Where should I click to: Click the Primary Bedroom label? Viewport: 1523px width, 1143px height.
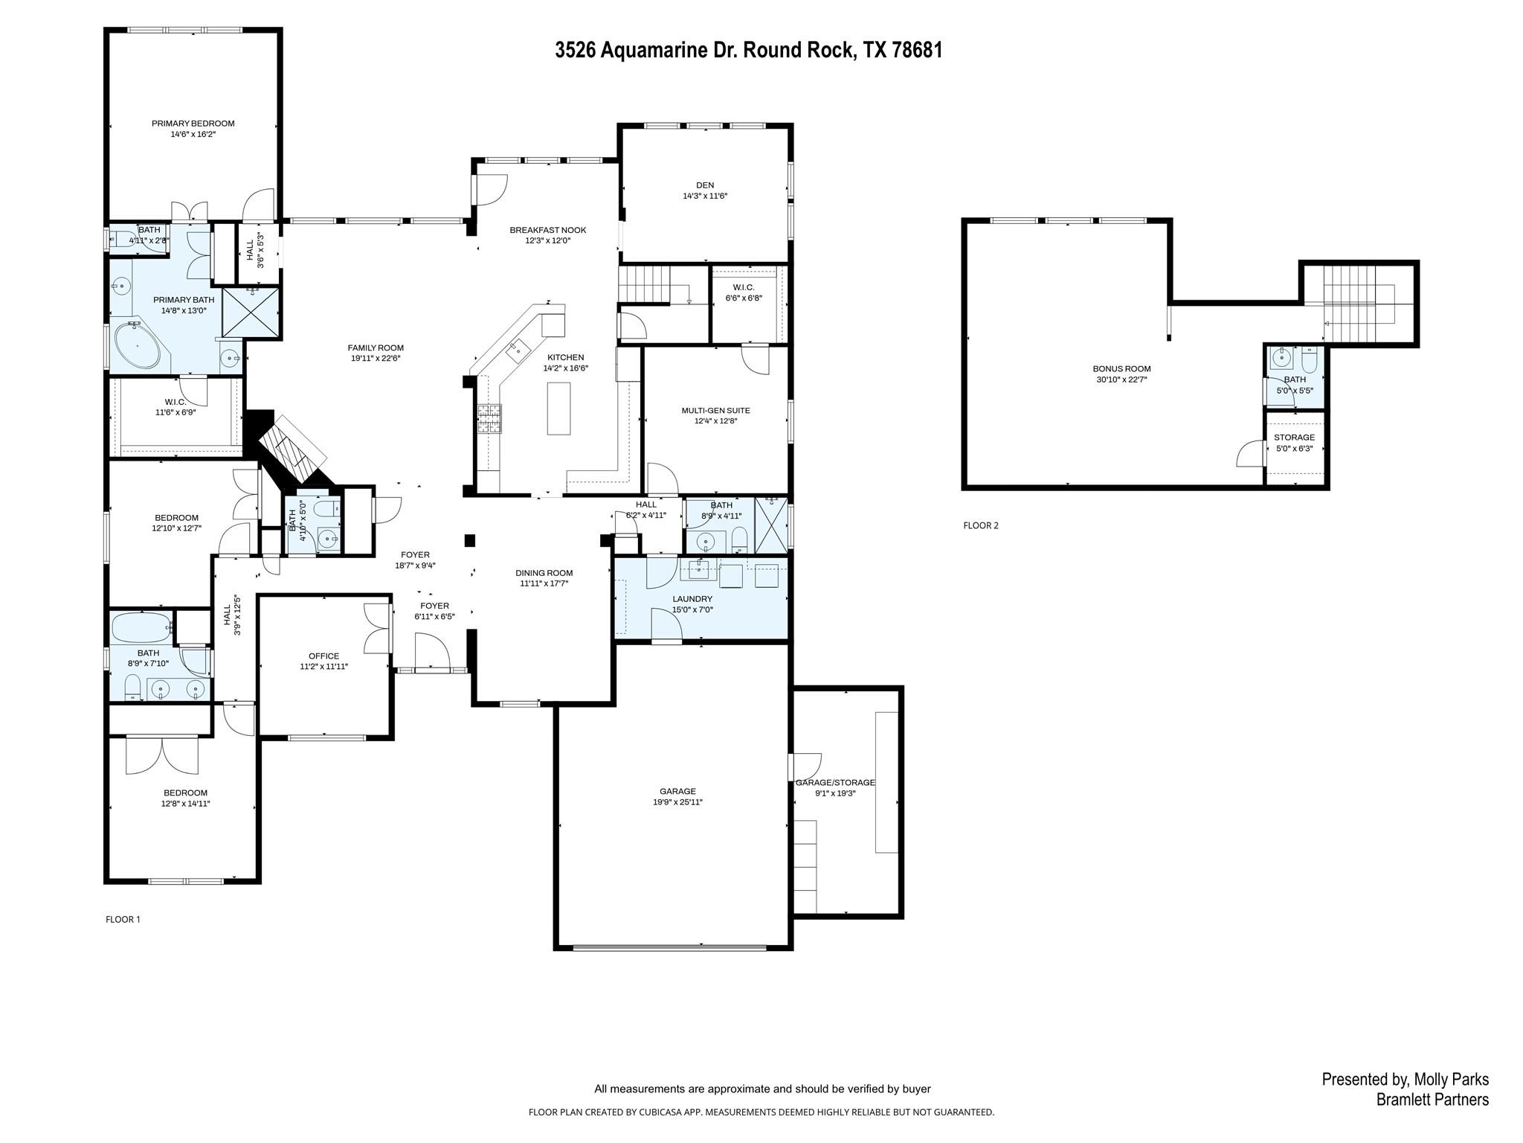(193, 124)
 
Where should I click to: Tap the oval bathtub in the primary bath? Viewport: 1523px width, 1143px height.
(138, 346)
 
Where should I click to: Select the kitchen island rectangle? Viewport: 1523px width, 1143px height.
(558, 408)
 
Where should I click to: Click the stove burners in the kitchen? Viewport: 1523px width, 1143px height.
(489, 419)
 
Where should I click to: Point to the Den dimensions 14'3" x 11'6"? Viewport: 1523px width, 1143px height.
(704, 196)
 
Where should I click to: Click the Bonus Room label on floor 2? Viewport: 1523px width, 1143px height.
(1121, 369)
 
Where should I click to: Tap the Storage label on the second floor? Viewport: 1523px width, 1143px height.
(1294, 438)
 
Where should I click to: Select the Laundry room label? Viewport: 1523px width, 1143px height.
(692, 599)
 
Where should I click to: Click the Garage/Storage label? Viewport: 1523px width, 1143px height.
(835, 783)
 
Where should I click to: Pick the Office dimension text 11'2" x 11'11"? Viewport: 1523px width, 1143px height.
(323, 667)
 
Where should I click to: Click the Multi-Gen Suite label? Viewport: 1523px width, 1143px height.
(715, 411)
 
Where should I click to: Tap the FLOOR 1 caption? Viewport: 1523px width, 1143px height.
(123, 919)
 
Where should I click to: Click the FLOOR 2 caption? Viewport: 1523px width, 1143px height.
(980, 525)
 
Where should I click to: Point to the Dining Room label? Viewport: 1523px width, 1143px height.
(544, 573)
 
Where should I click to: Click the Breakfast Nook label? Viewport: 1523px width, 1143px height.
(547, 230)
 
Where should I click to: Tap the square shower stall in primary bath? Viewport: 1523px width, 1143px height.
(251, 313)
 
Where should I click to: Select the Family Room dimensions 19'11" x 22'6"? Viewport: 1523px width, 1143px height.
(376, 359)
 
